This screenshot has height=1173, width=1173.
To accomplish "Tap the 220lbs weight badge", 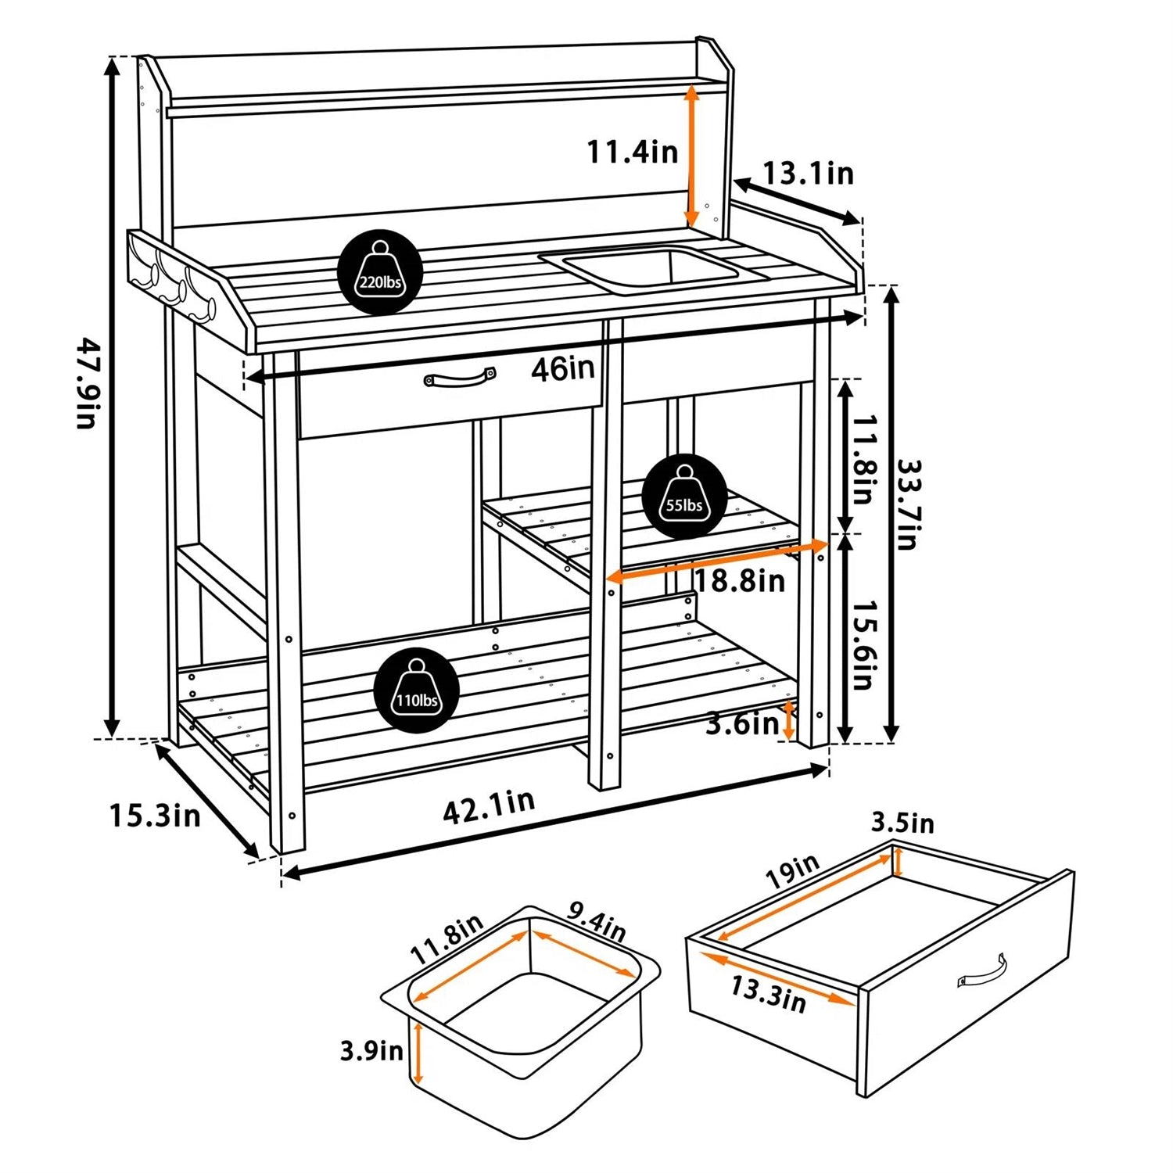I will (x=380, y=272).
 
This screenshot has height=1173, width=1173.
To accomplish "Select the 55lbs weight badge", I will (x=684, y=496).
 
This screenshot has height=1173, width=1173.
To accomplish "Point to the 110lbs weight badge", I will (x=416, y=691).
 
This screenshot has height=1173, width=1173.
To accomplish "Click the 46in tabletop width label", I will (x=562, y=369).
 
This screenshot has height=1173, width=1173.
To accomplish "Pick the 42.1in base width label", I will (x=489, y=806).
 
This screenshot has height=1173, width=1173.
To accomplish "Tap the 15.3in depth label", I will (x=155, y=816).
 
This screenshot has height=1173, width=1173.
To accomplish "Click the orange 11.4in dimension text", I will (x=633, y=151).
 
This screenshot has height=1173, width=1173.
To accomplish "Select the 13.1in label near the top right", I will (x=808, y=174).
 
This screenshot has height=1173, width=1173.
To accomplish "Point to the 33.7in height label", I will (x=908, y=504).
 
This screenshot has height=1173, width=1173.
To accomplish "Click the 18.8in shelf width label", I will (x=739, y=580).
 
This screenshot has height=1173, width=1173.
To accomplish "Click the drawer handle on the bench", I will (x=460, y=378).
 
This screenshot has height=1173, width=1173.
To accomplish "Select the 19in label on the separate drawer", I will (x=792, y=870).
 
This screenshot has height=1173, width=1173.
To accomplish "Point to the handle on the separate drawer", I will (x=982, y=972).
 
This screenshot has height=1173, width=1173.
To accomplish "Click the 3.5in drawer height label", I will (x=902, y=823).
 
